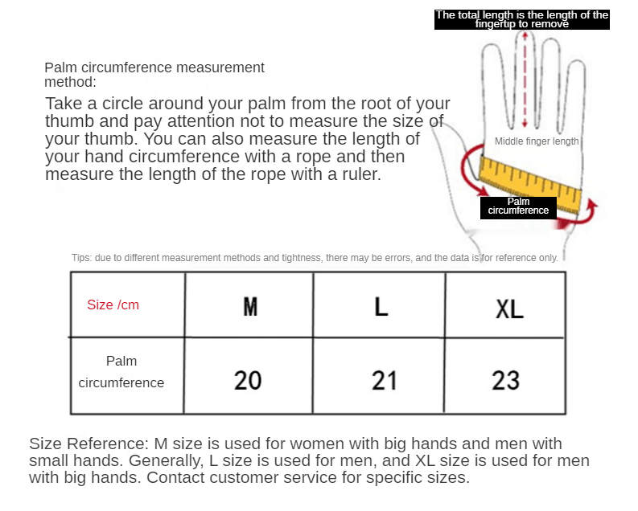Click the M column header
coord(250,306)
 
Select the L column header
coord(381,306)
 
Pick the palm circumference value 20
coord(248,380)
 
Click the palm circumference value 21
coord(385,380)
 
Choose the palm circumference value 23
coord(506,380)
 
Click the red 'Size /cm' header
coord(113,305)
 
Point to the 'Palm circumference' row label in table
coord(121,372)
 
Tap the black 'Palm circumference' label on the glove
coord(518,206)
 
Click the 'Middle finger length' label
coord(537,141)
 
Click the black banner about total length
coord(522,19)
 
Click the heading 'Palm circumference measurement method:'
coord(154,75)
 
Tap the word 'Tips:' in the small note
coord(81,258)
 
